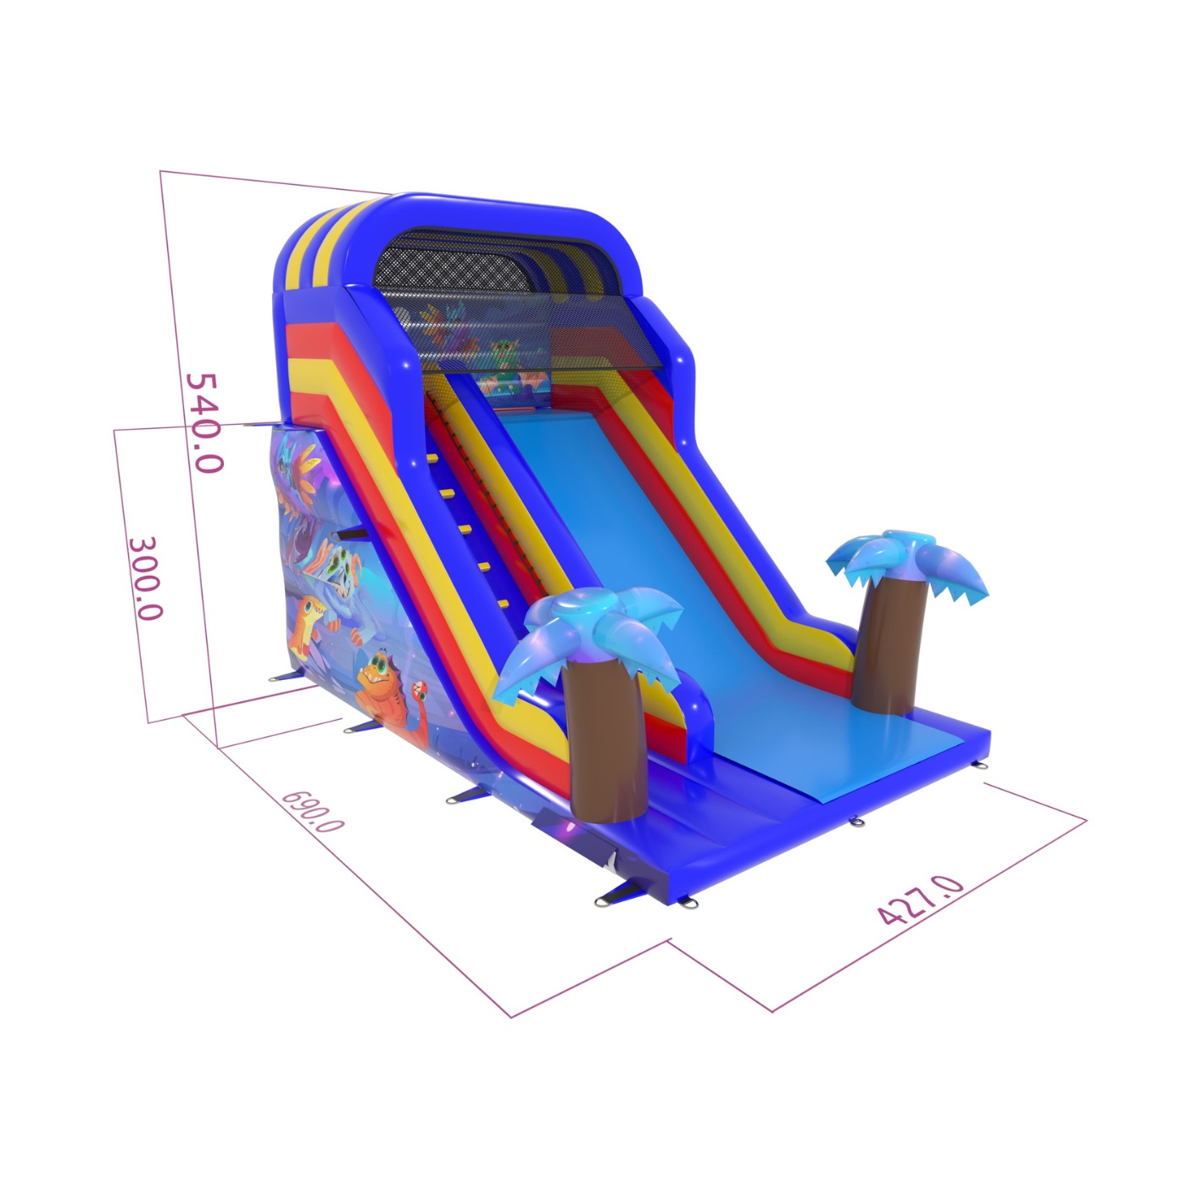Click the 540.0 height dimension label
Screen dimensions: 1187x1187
[203, 422]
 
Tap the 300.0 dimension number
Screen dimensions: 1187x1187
[147, 578]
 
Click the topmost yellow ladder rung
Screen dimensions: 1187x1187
[432, 458]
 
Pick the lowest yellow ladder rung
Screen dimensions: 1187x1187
[504, 604]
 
